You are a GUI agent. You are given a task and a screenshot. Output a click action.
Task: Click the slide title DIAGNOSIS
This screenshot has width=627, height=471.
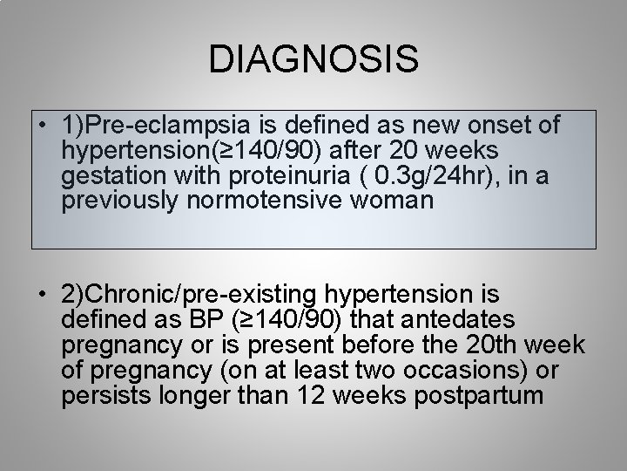coord(313,60)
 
